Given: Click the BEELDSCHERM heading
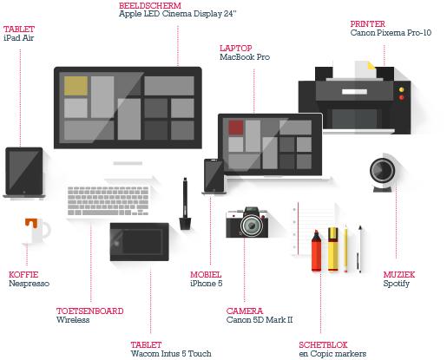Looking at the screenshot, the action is [150, 5].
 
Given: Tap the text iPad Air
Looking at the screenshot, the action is [19, 38].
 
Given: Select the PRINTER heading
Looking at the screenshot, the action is [368, 23].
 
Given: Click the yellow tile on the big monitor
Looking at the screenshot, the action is [76, 86].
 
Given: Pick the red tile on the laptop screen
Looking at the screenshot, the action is [236, 128].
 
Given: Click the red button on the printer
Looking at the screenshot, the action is [401, 97].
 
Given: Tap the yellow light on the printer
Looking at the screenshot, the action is [401, 89].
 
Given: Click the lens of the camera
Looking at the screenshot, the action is [251, 226].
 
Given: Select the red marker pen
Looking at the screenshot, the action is [316, 251].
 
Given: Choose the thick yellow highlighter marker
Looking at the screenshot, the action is [333, 249].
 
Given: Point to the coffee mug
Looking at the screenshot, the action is [37, 231].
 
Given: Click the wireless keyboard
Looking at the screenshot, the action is [108, 201].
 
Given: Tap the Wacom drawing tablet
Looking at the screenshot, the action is [139, 242].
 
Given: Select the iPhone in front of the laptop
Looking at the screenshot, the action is [214, 175].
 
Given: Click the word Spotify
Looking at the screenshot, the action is [397, 284].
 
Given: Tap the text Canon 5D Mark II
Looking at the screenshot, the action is [260, 320].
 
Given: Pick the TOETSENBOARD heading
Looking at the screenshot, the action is [90, 311].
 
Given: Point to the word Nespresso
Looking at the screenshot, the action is [29, 284].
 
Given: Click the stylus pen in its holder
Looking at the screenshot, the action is [185, 204].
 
